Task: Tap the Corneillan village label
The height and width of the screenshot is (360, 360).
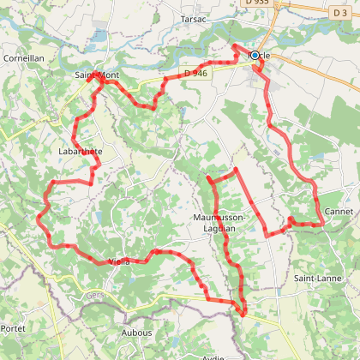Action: click(x=23, y=58)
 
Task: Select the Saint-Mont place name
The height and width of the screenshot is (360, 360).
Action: click(x=95, y=75)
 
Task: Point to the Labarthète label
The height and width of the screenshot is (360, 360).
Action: click(x=81, y=151)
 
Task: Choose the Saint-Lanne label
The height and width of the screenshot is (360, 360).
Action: click(x=318, y=278)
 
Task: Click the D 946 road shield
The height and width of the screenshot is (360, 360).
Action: click(x=195, y=74)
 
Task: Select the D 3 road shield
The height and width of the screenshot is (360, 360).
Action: click(x=340, y=11)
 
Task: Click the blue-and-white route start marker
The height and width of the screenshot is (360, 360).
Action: click(x=255, y=55)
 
